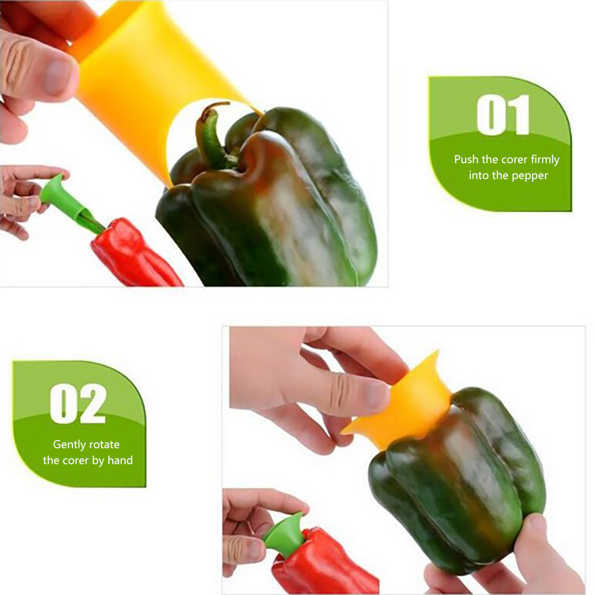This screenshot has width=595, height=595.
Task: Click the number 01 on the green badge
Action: [503, 115]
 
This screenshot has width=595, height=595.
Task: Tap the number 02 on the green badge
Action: [78, 403]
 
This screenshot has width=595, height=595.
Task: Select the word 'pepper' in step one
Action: [529, 176]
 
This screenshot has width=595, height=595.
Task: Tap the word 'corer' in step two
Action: [74, 461]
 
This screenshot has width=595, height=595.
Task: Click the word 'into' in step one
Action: [479, 175]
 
